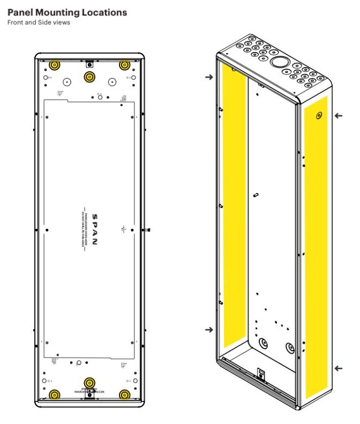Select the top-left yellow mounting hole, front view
pyautogui.click(x=54, y=65)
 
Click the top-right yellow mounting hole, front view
pyautogui.click(x=124, y=65)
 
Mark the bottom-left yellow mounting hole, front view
pyautogui.click(x=54, y=395)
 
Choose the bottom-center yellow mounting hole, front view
pyautogui.click(x=89, y=383)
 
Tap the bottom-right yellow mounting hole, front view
pyautogui.click(x=124, y=395)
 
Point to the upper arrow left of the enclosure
pyautogui.click(x=208, y=77)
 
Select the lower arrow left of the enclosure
pyautogui.click(x=208, y=330)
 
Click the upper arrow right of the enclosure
pyautogui.click(x=337, y=115)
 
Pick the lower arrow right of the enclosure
pyautogui.click(x=337, y=368)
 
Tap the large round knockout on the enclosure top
pyautogui.click(x=279, y=62)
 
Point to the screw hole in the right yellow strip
pyautogui.click(x=319, y=116)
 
